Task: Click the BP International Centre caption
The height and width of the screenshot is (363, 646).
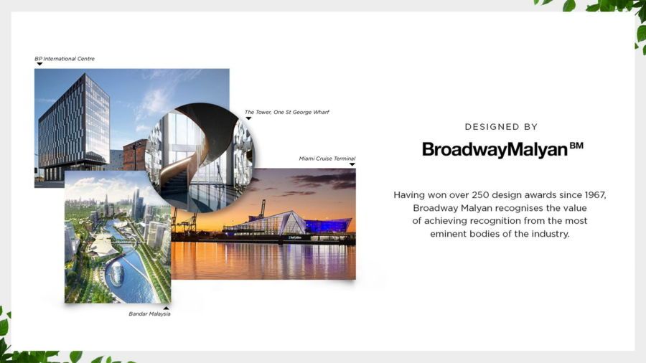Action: pos(65,59)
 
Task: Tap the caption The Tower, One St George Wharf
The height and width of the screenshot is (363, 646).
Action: pos(286,112)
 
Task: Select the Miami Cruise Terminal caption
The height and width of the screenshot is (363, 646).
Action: pos(327,159)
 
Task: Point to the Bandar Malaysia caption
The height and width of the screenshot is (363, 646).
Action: pos(149,313)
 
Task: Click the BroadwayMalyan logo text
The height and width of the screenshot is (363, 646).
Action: pos(495,149)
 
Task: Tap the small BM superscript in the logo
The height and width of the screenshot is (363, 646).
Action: pos(576,146)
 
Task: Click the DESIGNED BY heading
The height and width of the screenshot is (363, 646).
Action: pos(501,127)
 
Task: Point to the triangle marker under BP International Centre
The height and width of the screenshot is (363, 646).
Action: pos(39,64)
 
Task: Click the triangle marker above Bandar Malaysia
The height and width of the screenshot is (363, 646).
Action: pos(166,308)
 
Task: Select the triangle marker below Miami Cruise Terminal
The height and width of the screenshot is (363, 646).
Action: pos(352,164)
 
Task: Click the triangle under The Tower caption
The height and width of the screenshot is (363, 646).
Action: pos(248,118)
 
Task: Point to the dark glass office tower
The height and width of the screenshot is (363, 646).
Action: pos(74,123)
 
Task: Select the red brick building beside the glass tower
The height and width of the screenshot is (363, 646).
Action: pos(134,155)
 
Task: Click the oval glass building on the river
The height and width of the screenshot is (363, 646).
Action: pos(116,274)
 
